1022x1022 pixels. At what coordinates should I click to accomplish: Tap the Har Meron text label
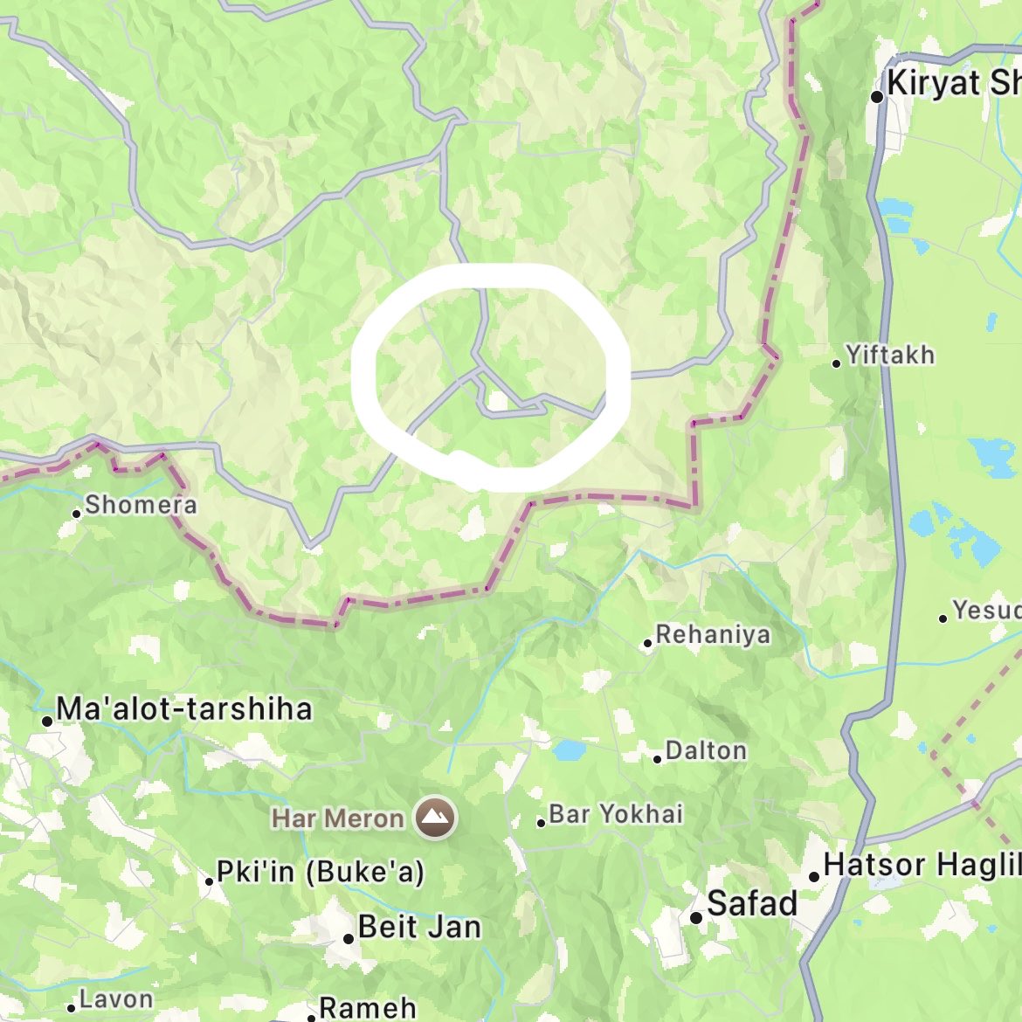[338, 818]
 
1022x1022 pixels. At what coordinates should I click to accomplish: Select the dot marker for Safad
[696, 917]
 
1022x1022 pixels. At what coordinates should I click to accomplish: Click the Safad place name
[752, 903]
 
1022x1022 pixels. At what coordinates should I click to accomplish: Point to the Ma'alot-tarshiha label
[183, 708]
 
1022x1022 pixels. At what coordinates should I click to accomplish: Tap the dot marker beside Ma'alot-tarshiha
[47, 721]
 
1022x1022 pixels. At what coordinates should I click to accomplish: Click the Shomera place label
[141, 505]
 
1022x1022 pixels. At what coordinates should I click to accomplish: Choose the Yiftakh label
[890, 356]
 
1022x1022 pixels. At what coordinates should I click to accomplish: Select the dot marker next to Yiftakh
[837, 363]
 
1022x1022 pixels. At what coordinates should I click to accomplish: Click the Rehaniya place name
[713, 634]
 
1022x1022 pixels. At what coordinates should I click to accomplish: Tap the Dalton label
[706, 750]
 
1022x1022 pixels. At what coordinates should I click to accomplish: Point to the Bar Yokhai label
[616, 814]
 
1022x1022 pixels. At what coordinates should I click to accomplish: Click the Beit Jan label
[419, 927]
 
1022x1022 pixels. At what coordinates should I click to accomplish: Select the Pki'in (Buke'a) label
[321, 872]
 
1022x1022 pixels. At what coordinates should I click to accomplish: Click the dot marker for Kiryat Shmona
[877, 97]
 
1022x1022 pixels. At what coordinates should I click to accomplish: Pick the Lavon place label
[116, 999]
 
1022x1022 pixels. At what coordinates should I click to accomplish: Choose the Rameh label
[368, 1008]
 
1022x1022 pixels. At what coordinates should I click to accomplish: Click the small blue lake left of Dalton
[568, 750]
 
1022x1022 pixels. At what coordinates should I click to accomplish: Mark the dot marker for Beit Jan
[349, 938]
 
